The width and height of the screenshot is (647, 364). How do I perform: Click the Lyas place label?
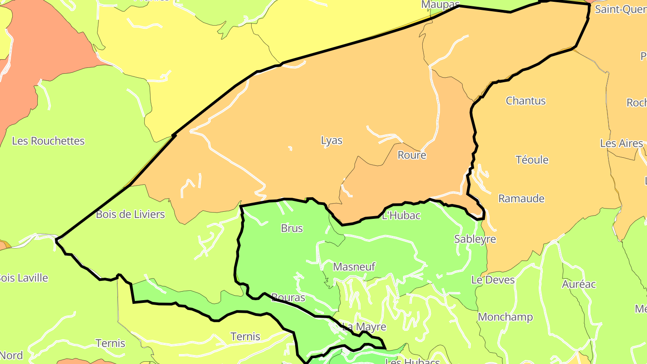point(332,141)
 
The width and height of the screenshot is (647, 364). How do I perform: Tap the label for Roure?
point(412,155)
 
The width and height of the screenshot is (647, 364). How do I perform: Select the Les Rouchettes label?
point(48,141)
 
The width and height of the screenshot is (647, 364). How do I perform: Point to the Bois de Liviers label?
point(130,214)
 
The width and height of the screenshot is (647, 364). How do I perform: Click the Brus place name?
point(292,228)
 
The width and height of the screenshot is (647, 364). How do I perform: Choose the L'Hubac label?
point(401,216)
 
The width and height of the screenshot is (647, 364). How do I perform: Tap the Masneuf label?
point(354,267)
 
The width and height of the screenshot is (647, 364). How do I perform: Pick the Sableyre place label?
point(475,239)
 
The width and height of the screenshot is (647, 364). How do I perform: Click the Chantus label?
point(526,101)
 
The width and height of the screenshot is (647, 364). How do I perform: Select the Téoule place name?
point(532,160)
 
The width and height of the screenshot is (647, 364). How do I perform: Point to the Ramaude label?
point(521,199)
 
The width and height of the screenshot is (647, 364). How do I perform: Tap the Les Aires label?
point(621,143)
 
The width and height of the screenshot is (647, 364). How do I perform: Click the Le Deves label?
point(493,280)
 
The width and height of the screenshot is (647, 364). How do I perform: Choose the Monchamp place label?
point(505,317)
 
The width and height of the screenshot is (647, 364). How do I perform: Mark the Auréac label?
point(579,284)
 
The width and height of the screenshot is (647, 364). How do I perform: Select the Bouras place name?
point(288,297)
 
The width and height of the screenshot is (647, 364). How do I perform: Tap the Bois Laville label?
point(23,278)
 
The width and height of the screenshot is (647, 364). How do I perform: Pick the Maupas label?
point(439,5)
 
